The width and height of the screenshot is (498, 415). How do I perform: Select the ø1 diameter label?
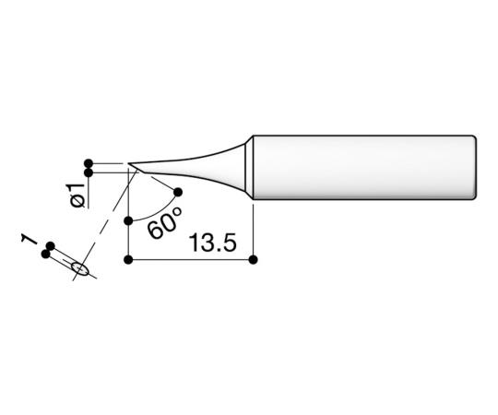pyautogui.click(x=77, y=195)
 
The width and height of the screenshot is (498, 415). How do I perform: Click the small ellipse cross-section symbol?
pyautogui.click(x=80, y=269)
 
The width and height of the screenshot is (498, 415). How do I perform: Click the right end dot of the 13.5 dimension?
pyautogui.click(x=253, y=259)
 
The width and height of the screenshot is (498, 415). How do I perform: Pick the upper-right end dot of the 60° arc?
pyautogui.click(x=178, y=192)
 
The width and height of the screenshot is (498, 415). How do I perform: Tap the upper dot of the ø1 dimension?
pyautogui.click(x=89, y=160)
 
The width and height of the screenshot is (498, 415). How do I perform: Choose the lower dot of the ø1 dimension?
pyautogui.click(x=89, y=172)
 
